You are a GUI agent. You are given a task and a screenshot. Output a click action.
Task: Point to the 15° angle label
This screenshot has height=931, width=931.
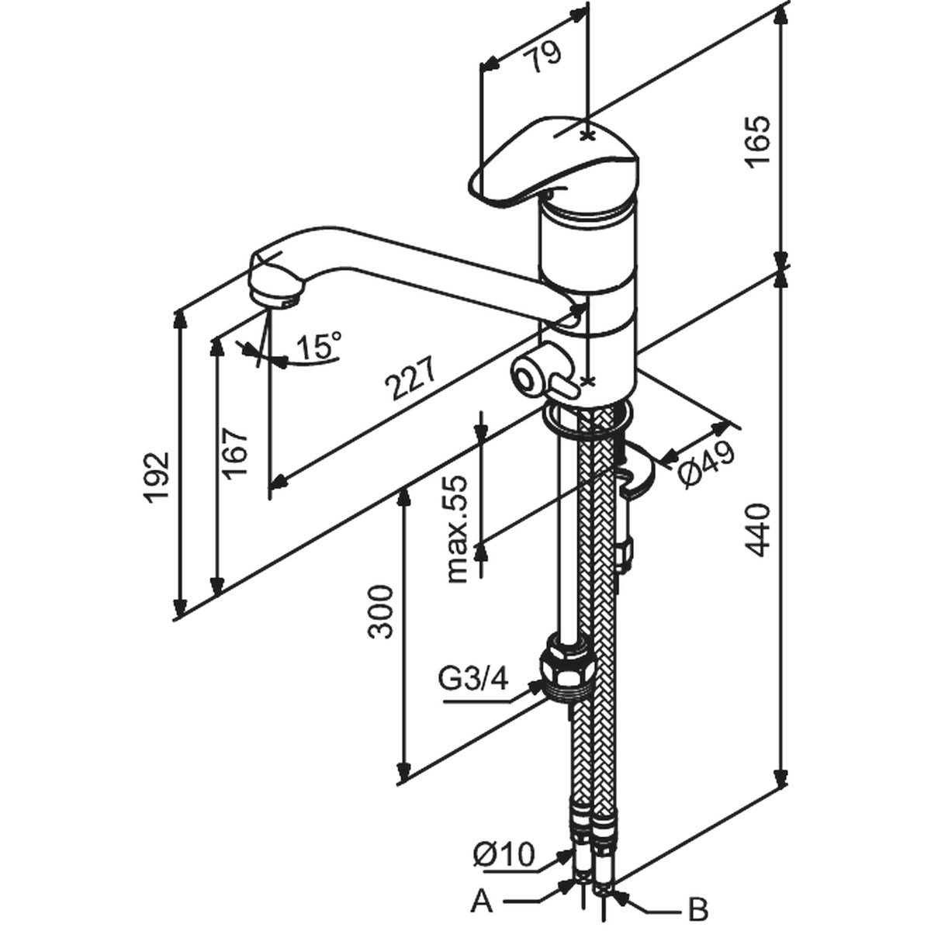(x=318, y=344)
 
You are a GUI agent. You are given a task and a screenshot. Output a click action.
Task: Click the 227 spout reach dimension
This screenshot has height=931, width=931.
(x=411, y=379)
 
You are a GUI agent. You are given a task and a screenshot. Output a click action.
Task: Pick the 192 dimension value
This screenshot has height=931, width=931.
(x=158, y=478)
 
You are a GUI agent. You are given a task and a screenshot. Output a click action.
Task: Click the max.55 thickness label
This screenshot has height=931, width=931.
(x=457, y=530)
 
